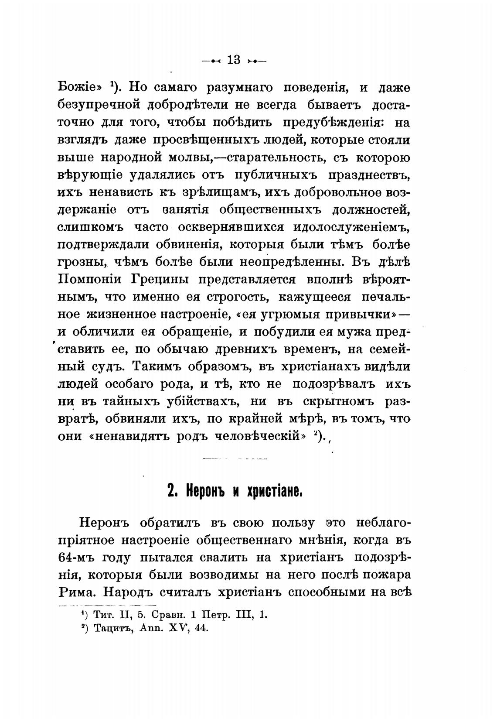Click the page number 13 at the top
click(234, 60)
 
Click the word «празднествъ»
click(368, 175)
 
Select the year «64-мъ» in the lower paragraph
click(75, 558)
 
